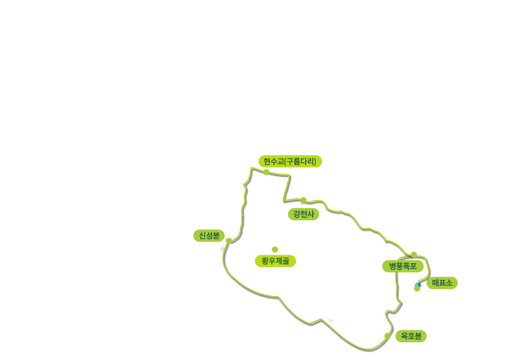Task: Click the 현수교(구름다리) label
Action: click(x=290, y=161)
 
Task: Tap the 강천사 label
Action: click(x=304, y=214)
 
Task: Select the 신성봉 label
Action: click(x=209, y=235)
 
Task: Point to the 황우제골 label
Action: click(x=275, y=261)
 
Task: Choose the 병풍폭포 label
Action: click(x=403, y=266)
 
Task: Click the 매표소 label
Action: click(x=442, y=283)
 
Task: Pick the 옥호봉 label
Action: click(x=411, y=336)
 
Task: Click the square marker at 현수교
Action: click(x=266, y=172)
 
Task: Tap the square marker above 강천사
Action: click(x=304, y=199)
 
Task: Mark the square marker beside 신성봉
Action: click(x=229, y=240)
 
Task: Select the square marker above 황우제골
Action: click(x=275, y=249)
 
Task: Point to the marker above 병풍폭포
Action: click(x=414, y=254)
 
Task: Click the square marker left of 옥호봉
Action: click(x=387, y=336)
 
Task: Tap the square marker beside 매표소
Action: click(x=416, y=289)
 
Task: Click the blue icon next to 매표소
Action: click(x=417, y=284)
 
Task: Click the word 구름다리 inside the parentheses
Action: click(x=300, y=161)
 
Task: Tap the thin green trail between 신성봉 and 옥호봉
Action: click(x=279, y=297)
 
